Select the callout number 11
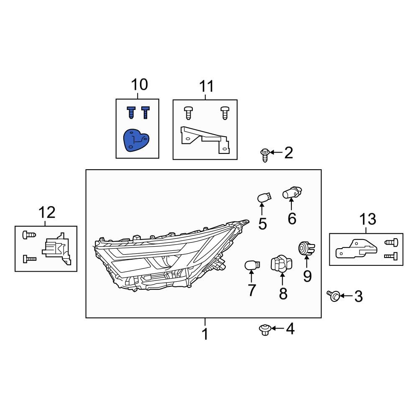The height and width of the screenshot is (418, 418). (206, 87)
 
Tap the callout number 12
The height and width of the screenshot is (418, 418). (47, 213)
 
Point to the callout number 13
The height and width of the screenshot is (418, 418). (367, 219)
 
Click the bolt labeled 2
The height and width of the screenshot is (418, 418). (264, 155)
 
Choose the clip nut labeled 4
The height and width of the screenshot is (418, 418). (264, 330)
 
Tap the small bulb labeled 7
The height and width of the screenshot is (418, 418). (251, 265)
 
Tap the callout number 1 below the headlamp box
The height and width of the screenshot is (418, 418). (205, 334)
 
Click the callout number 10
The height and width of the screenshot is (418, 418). (139, 84)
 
